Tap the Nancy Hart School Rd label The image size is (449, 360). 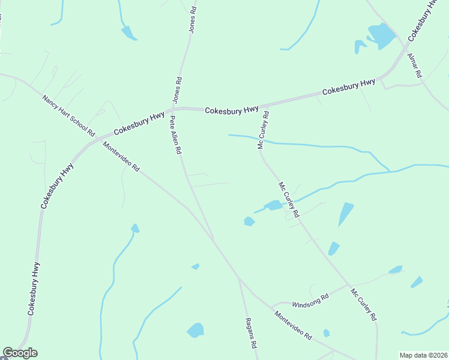pyautogui.click(x=68, y=115)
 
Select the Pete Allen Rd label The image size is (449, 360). pyautogui.click(x=175, y=136)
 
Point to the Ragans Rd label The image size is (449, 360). pyautogui.click(x=252, y=334)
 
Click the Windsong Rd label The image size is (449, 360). pyautogui.click(x=310, y=298)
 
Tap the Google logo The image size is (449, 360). pyautogui.click(x=20, y=353)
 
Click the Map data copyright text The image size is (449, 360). pyautogui.click(x=424, y=355)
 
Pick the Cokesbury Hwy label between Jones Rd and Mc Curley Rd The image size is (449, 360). pyautogui.click(x=231, y=110)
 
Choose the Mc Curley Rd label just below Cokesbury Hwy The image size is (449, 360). pyautogui.click(x=262, y=129)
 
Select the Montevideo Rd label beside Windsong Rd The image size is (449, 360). pyautogui.click(x=294, y=326)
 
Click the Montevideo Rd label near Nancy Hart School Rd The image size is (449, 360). pyautogui.click(x=121, y=157)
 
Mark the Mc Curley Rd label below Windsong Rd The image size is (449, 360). pyautogui.click(x=364, y=304)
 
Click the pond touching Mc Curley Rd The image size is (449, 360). pyautogui.click(x=273, y=206)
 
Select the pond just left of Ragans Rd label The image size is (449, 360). pyautogui.click(x=195, y=330)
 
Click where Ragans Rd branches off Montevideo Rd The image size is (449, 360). pyautogui.click(x=239, y=278)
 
